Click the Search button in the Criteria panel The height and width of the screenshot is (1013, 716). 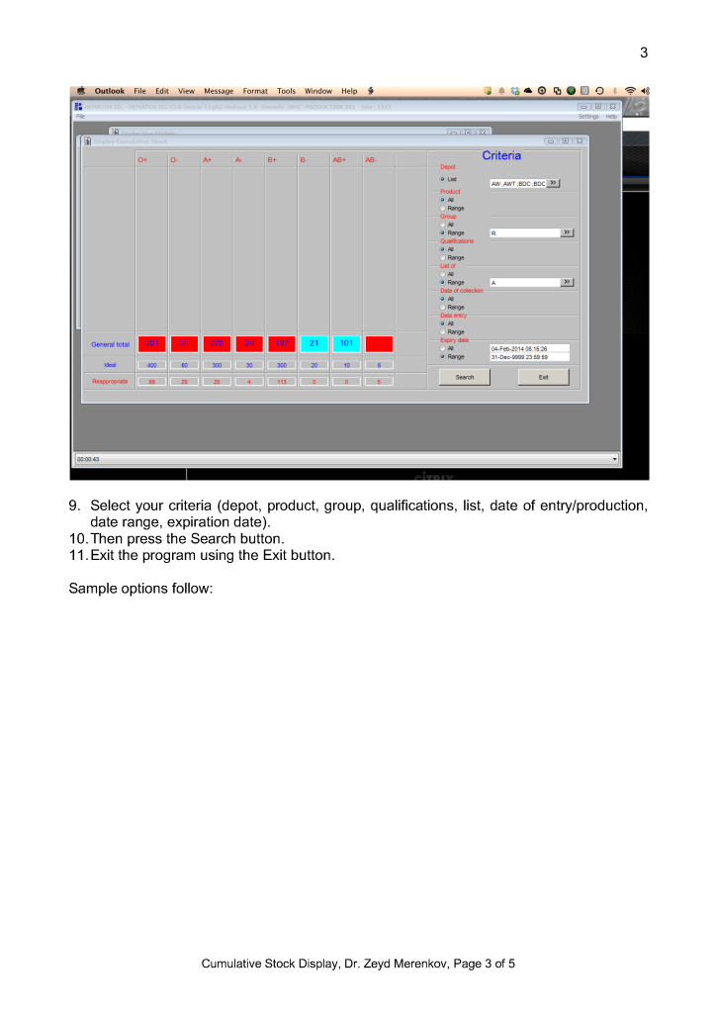tap(465, 377)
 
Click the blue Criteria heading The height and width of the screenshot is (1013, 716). tap(501, 155)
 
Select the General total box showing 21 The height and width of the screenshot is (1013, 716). tap(313, 343)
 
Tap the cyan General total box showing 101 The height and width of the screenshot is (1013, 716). tap(346, 343)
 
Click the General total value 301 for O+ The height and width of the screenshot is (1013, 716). tap(151, 343)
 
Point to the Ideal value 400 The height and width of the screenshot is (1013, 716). tap(151, 365)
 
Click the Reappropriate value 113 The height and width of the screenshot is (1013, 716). tap(281, 381)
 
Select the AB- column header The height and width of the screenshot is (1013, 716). tap(371, 159)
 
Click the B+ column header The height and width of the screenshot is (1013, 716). tap(272, 159)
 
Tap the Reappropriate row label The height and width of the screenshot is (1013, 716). tap(110, 381)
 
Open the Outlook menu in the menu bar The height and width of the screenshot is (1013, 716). tap(110, 91)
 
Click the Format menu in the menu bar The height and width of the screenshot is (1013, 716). tap(255, 91)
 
